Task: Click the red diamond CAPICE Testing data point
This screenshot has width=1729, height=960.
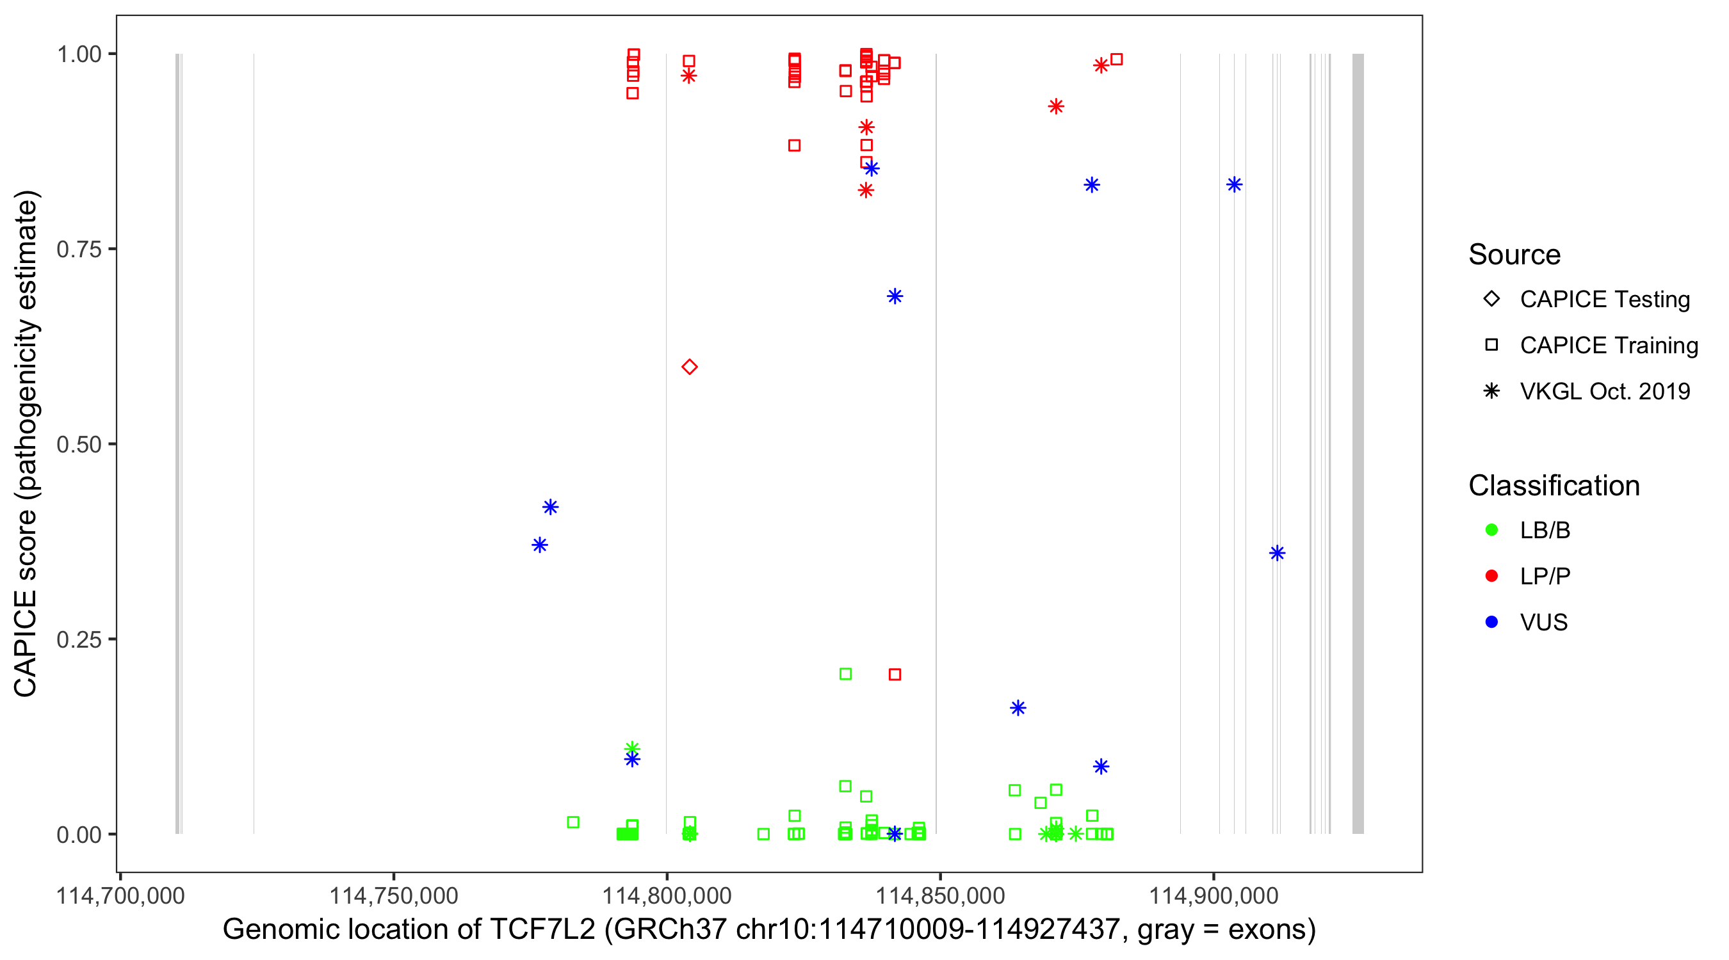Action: click(x=689, y=367)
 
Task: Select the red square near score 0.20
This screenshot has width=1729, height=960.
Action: click(x=895, y=674)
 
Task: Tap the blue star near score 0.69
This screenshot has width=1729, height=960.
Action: click(x=895, y=296)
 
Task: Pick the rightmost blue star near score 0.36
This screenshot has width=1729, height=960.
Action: click(x=1278, y=553)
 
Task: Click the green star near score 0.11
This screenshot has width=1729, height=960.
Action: click(x=632, y=748)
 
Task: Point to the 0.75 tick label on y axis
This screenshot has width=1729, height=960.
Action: click(x=79, y=250)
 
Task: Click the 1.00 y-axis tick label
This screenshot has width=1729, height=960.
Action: click(x=79, y=54)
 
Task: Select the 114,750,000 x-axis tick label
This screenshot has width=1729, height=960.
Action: click(x=393, y=895)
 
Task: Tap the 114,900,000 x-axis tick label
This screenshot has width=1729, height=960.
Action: click(x=1214, y=895)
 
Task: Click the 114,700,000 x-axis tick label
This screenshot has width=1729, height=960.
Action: click(x=120, y=895)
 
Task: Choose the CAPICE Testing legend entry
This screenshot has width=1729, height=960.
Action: click(x=1604, y=300)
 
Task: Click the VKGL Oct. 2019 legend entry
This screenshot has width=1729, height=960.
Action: click(x=1604, y=391)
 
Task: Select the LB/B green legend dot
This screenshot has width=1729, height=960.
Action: click(x=1492, y=530)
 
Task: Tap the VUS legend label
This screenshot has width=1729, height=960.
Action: click(x=1544, y=623)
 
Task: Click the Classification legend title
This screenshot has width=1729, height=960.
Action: click(x=1554, y=486)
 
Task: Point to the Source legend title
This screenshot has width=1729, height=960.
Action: click(x=1514, y=255)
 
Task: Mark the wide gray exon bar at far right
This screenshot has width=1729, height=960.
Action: click(x=1358, y=443)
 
